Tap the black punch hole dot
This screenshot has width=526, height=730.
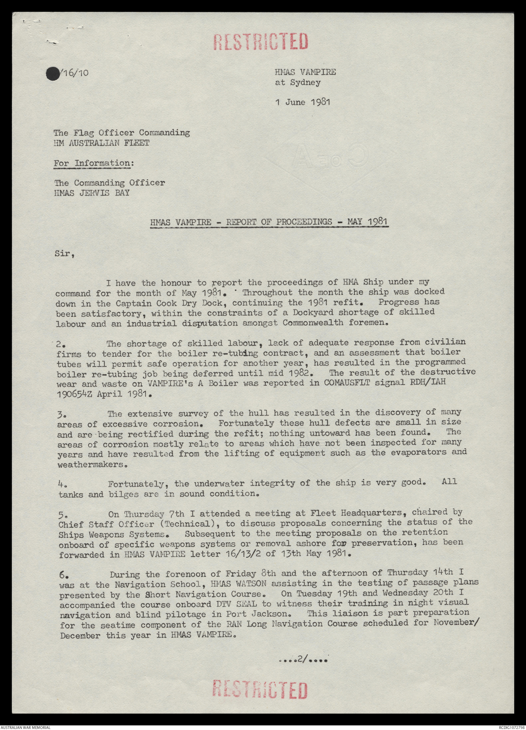pyautogui.click(x=53, y=74)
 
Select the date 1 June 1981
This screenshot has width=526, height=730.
pyautogui.click(x=302, y=102)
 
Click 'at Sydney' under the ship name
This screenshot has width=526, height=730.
pyautogui.click(x=298, y=83)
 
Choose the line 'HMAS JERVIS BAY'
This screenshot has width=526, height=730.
pyautogui.click(x=91, y=193)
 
